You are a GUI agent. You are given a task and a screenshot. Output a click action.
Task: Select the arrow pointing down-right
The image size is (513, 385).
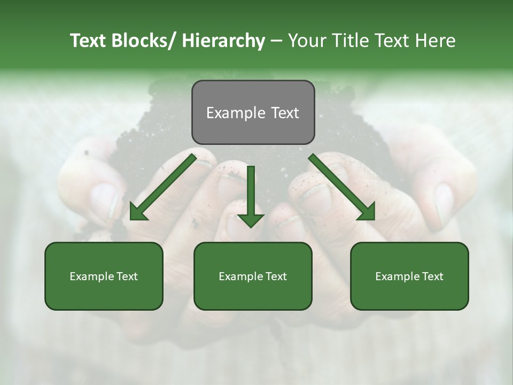(x=341, y=186)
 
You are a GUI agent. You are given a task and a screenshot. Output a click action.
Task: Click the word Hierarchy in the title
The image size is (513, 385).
(x=223, y=41)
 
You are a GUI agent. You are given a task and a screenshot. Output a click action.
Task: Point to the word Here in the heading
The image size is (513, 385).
(x=435, y=41)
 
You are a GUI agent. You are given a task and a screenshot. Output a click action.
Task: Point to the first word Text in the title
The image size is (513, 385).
(x=89, y=41)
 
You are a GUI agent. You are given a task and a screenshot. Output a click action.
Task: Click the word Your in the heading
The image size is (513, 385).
(x=307, y=41)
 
